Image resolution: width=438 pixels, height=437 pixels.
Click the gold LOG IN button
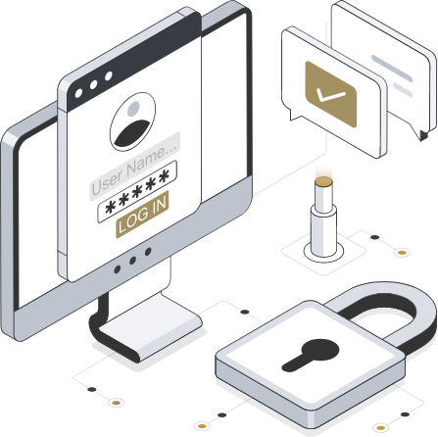pos(142,215)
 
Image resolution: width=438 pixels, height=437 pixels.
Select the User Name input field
pos(135,167)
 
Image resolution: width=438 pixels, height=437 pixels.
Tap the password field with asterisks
pos(137,191)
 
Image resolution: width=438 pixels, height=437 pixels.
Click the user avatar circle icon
pos(132,121)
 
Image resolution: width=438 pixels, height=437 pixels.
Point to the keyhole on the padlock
pos(311,355)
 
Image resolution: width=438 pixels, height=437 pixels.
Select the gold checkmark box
pos(330,94)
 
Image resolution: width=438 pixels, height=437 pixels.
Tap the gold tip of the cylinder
pos(323,181)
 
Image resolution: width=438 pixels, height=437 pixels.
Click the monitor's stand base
pos(150,326)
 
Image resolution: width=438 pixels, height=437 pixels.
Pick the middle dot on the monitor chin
pos(132,261)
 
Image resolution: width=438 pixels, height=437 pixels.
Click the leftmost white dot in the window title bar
pos(78,94)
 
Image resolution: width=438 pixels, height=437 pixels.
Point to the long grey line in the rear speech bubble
pos(392,69)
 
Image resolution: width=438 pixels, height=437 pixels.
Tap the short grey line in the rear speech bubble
pos(403,89)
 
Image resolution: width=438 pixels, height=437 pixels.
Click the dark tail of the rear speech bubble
pos(424,135)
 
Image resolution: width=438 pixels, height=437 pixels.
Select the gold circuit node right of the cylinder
pos(402,253)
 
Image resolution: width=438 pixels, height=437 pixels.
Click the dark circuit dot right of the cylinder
pos(375,237)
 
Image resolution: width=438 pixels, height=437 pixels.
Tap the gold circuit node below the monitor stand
pos(116,403)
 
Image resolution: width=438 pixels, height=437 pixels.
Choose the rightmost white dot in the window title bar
pos(109,76)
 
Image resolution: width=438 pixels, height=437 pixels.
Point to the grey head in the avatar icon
pos(133,109)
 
